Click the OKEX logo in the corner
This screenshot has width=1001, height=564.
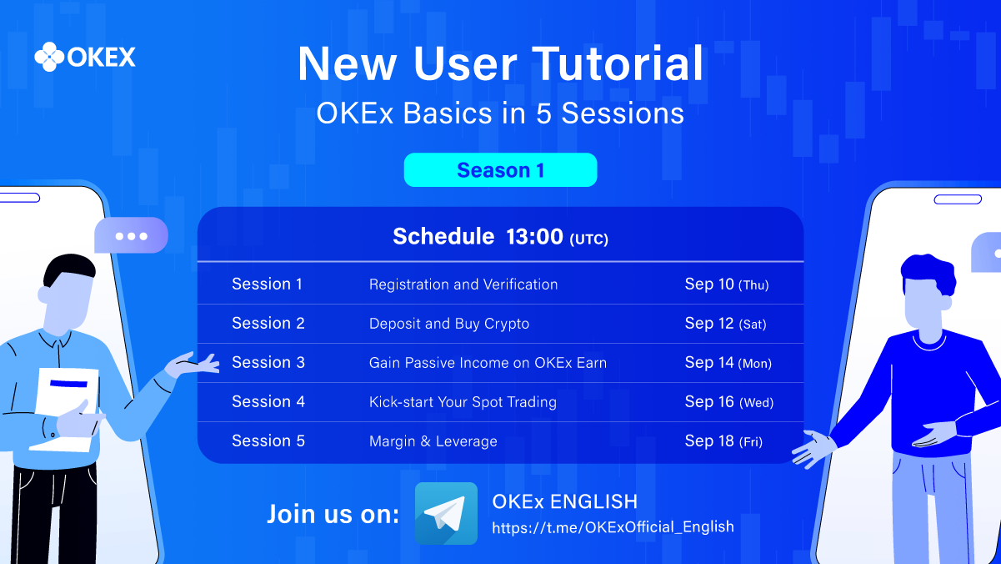tap(85, 57)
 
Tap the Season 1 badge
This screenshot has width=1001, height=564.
tap(500, 170)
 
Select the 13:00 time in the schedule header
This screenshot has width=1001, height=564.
tap(534, 236)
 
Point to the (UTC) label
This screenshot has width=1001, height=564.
tap(589, 239)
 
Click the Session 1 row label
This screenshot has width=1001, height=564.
tap(268, 284)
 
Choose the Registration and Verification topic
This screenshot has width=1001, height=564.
tap(463, 285)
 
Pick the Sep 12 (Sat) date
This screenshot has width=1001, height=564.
tap(726, 324)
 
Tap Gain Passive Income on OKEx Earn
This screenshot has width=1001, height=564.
tap(488, 363)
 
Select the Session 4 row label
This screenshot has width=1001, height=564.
tap(268, 401)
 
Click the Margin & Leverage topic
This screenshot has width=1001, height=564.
tap(433, 441)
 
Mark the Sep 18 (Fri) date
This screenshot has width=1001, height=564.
tap(724, 441)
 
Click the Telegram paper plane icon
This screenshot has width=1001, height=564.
tap(446, 513)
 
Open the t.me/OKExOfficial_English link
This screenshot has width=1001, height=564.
tap(613, 527)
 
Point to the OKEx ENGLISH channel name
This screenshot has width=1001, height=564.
tap(565, 501)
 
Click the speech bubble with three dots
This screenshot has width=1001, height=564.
tap(131, 235)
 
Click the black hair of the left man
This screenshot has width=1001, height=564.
tap(68, 269)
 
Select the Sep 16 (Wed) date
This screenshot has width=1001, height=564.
tap(729, 402)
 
